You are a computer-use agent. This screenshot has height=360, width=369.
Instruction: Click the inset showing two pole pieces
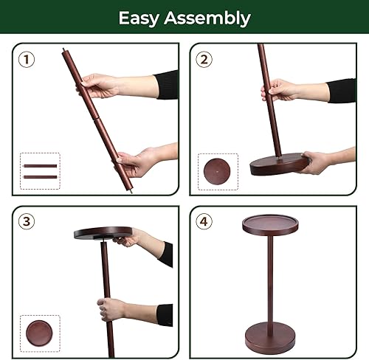[x=40, y=170]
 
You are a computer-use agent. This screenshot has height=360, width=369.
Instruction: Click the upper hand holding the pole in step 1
[x=100, y=86]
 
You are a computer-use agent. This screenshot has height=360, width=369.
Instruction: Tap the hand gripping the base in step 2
[x=316, y=162]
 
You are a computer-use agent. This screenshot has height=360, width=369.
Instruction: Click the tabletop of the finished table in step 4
[x=270, y=225]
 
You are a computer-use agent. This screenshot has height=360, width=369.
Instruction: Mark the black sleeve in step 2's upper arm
[x=341, y=90]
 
